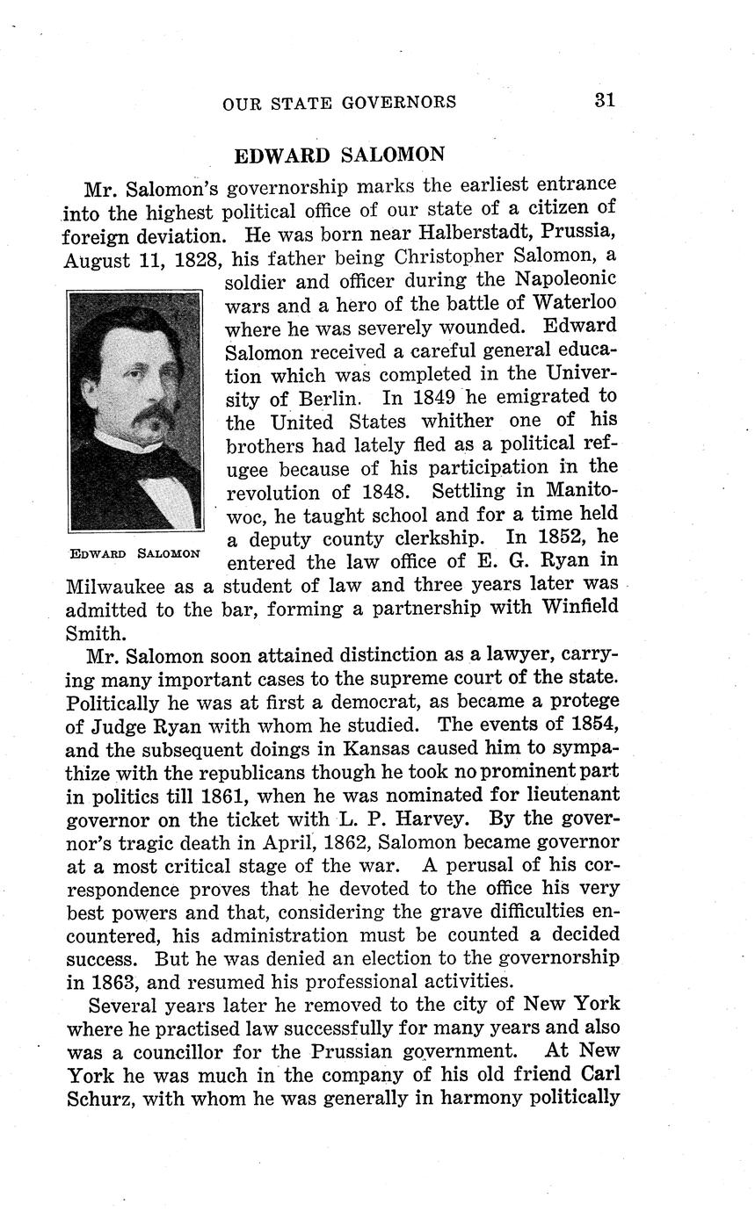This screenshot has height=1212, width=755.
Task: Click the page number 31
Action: coord(603,100)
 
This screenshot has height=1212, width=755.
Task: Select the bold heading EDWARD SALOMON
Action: coord(339,155)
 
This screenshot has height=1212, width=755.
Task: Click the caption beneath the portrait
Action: coord(135,553)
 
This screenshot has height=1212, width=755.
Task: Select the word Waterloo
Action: coord(574,303)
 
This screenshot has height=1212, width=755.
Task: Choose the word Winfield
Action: coord(571,608)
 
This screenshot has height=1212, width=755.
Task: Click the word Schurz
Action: coord(99,1099)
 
